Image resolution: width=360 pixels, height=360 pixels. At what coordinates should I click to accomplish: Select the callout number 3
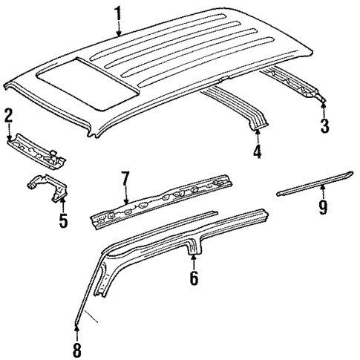point(324,125)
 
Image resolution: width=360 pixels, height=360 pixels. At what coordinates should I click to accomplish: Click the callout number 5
point(63,220)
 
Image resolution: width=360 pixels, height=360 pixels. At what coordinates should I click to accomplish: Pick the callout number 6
point(194,279)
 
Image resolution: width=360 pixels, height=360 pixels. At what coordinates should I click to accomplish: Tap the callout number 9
point(322,207)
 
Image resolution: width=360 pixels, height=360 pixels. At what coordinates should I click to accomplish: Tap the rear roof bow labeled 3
point(301,80)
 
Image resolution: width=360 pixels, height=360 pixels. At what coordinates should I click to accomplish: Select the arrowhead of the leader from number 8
point(76,324)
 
